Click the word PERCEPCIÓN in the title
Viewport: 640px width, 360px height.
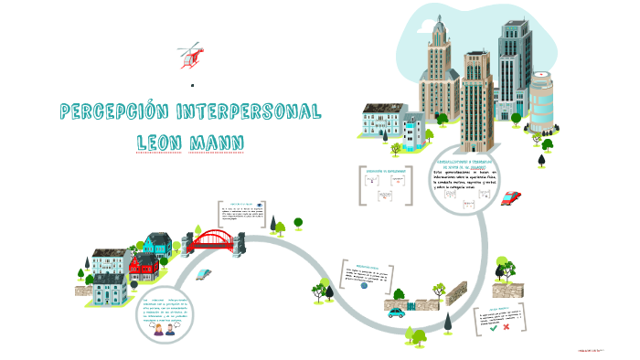point(112,112)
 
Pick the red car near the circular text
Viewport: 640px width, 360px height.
point(512,197)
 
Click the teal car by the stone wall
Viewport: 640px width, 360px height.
point(397,312)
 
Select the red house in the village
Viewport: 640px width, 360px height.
point(144,266)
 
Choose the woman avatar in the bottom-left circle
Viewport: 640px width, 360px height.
point(158,329)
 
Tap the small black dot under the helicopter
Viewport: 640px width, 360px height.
point(193,85)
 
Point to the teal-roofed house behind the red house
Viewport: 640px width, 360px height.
point(156,245)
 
